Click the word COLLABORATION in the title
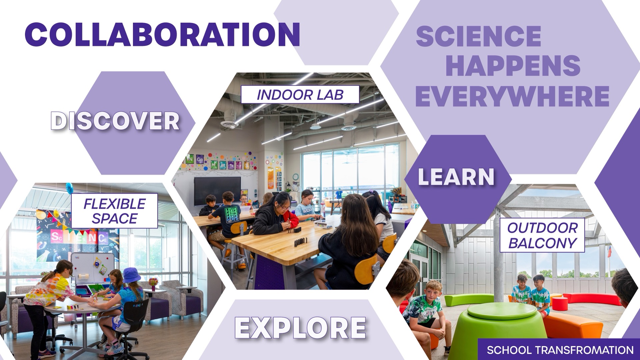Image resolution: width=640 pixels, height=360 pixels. [x=162, y=34]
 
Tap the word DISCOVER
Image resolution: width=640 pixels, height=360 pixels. [x=115, y=121]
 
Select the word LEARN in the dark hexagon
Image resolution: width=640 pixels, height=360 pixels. [x=456, y=176]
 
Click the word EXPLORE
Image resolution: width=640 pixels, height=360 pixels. [x=300, y=327]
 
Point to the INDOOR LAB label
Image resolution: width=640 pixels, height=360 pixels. [x=300, y=95]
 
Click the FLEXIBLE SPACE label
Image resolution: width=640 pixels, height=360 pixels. [x=114, y=211]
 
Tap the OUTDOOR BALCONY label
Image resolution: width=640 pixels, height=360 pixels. [x=542, y=235]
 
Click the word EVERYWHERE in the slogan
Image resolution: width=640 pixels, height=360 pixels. [x=512, y=96]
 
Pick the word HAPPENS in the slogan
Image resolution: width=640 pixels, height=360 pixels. [x=513, y=66]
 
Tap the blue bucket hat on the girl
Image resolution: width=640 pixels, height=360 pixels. [x=132, y=275]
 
